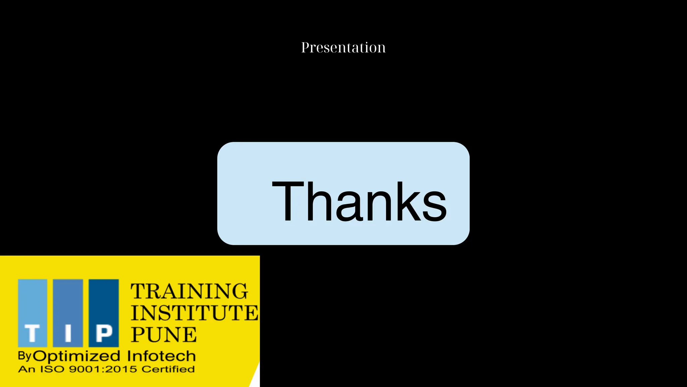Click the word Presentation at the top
click(343, 47)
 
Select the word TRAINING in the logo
click(189, 291)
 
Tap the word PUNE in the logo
click(164, 335)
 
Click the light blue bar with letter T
click(33, 313)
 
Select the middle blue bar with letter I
click(68, 313)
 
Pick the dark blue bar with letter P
click(104, 313)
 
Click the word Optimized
click(77, 356)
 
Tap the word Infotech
click(161, 356)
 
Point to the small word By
click(24, 355)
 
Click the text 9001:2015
click(103, 369)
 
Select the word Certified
click(168, 369)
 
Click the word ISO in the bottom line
click(52, 369)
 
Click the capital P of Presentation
click(305, 47)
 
